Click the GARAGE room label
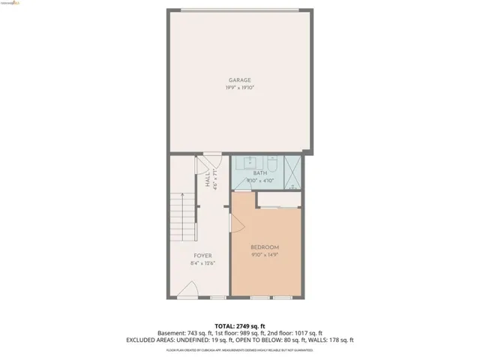point(240,80)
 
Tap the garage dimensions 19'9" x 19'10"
point(240,88)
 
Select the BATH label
point(259,174)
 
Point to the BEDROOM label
point(265,247)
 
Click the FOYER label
point(202,256)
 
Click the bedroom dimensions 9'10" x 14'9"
point(265,255)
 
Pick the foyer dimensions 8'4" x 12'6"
point(202,263)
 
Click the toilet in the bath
point(273,163)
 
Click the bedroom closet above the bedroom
point(279,199)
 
